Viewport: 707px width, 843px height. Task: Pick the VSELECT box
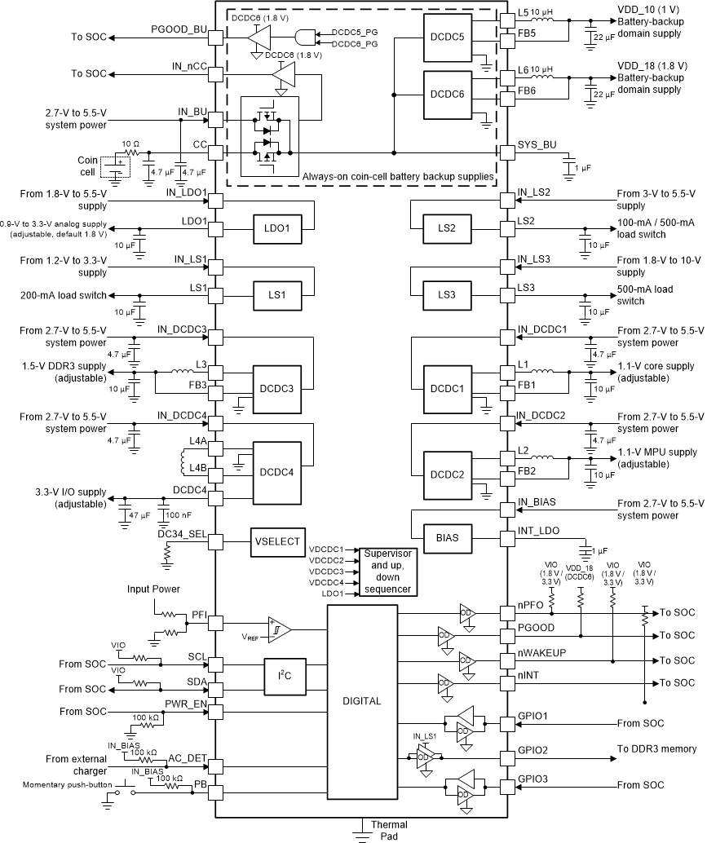[276, 542]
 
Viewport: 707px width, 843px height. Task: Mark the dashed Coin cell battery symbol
[114, 168]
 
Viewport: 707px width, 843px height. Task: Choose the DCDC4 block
[276, 473]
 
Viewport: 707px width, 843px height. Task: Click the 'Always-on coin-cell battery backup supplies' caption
[398, 176]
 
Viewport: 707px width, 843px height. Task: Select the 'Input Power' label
[154, 589]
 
